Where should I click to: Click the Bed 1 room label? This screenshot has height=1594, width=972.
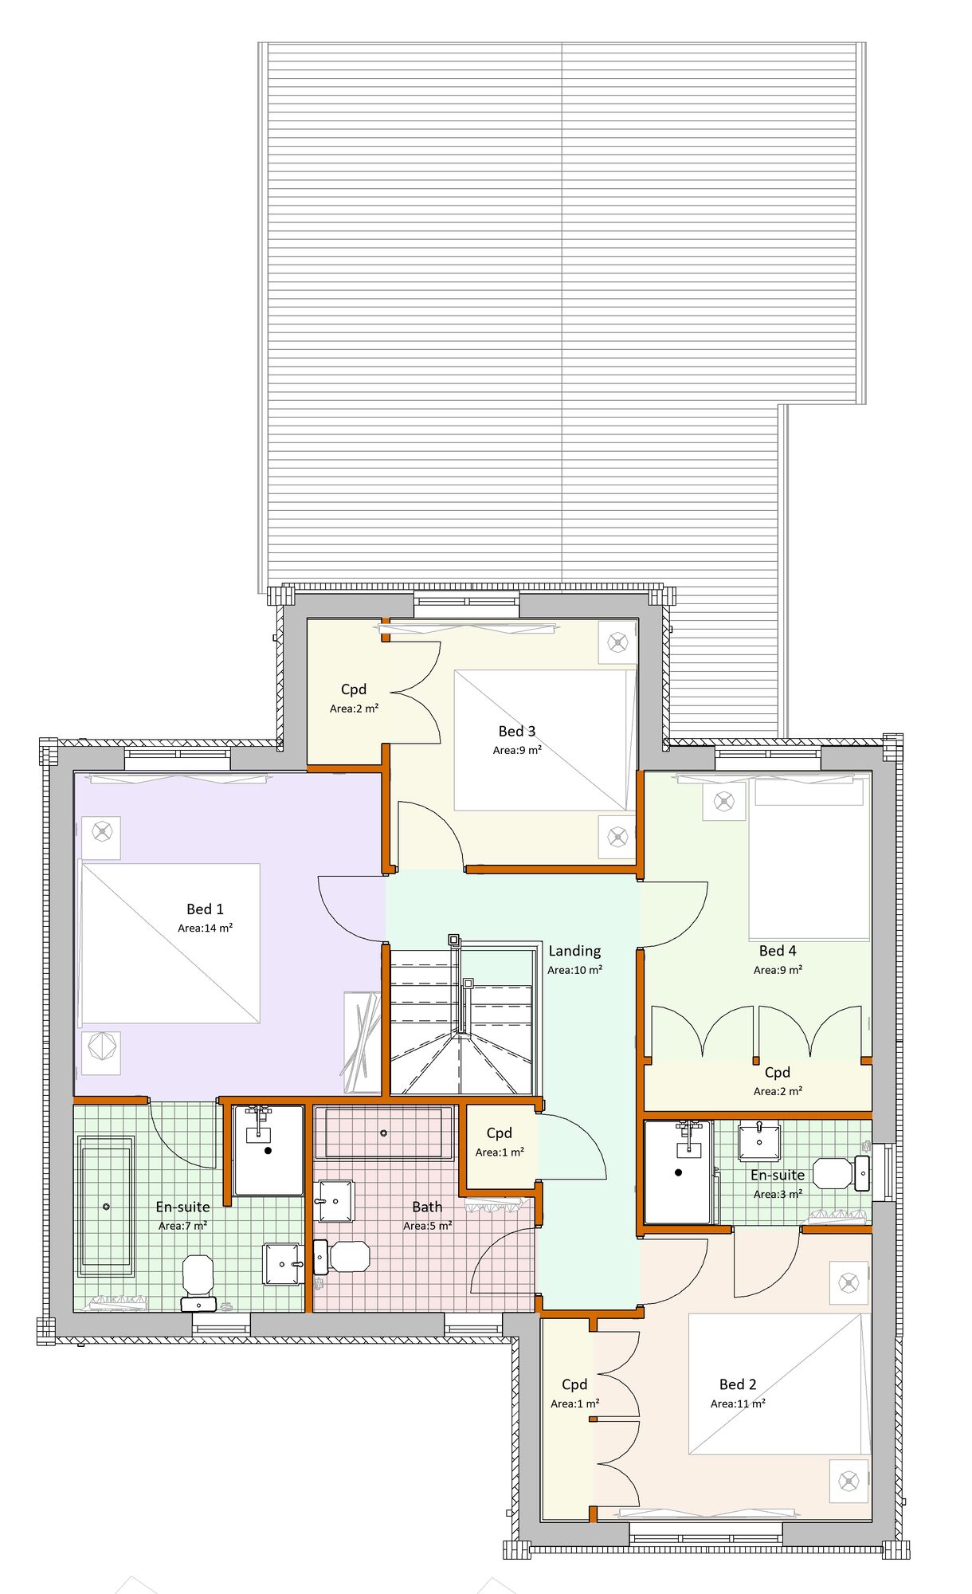(x=205, y=909)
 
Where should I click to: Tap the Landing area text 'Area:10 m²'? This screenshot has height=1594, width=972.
(x=574, y=970)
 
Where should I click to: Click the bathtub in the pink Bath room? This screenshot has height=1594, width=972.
(x=383, y=1133)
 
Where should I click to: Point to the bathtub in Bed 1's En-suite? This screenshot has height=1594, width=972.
(x=106, y=1206)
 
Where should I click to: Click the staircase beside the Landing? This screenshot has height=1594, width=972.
(x=461, y=1024)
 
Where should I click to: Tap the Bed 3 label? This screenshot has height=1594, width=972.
(x=516, y=731)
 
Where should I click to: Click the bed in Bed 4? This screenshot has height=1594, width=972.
(x=808, y=859)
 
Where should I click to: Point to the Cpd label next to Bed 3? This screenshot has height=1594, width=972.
(x=354, y=689)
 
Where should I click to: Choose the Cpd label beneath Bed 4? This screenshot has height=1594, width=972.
(x=777, y=1072)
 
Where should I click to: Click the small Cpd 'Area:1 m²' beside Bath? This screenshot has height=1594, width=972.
(x=500, y=1152)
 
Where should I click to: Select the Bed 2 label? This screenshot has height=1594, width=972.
(x=737, y=1384)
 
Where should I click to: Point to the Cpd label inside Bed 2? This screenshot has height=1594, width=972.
(x=574, y=1384)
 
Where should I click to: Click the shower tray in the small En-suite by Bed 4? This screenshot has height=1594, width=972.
(x=677, y=1172)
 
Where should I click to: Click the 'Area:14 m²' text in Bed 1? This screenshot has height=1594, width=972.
(x=205, y=928)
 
